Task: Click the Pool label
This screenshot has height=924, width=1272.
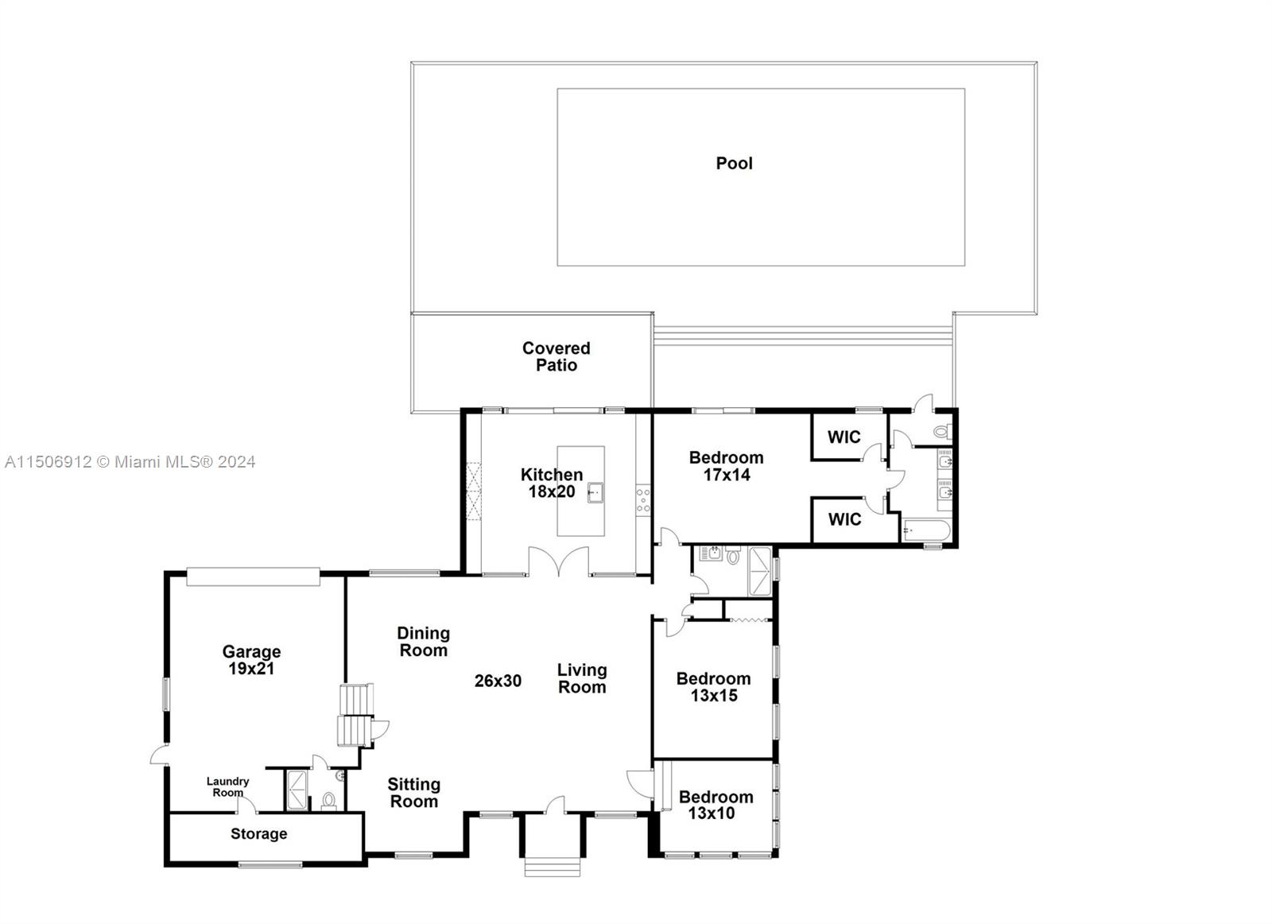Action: (x=734, y=163)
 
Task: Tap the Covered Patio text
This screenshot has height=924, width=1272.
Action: (x=556, y=356)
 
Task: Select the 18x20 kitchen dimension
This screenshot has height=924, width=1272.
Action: (x=552, y=491)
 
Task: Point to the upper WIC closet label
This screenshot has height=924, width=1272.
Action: (x=843, y=437)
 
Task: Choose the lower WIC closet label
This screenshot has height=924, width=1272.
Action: (x=843, y=519)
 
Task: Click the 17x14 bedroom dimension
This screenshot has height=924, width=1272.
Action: (x=727, y=475)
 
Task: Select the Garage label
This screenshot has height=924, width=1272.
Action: (x=251, y=651)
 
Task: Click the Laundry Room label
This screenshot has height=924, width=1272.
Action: (x=227, y=786)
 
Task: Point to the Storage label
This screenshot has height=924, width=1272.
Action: (x=258, y=833)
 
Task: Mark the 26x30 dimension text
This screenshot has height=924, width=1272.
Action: (x=498, y=681)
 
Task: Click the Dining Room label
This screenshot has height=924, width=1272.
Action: (x=423, y=641)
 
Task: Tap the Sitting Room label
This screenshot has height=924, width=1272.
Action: (x=413, y=792)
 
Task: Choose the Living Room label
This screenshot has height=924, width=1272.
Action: (x=581, y=678)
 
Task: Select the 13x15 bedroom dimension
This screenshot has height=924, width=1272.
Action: (x=713, y=696)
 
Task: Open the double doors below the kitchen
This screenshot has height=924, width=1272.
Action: (x=560, y=561)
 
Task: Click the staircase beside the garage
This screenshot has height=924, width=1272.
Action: (x=355, y=715)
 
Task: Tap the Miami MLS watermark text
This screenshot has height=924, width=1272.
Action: (x=130, y=461)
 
